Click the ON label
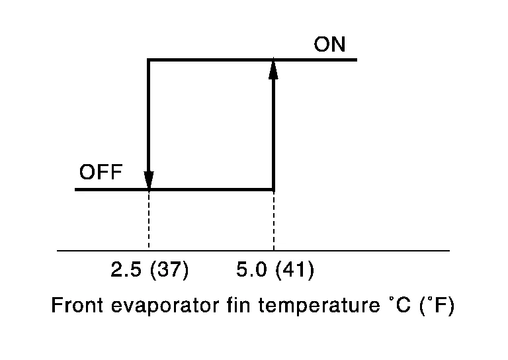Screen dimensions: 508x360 pyautogui.click(x=329, y=44)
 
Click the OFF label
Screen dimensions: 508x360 pyautogui.click(x=101, y=172)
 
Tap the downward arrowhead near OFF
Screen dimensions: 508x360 pyautogui.click(x=149, y=180)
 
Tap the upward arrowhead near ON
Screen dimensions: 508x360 pyautogui.click(x=273, y=69)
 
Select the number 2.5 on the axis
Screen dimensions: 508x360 pyautogui.click(x=126, y=269)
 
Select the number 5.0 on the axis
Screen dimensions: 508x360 pyautogui.click(x=251, y=269)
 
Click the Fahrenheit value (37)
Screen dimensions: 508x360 pyautogui.click(x=169, y=269)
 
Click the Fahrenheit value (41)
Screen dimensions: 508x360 pyautogui.click(x=295, y=269)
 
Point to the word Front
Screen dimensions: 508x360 pyautogui.click(x=77, y=305)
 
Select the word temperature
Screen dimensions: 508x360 pyautogui.click(x=319, y=306)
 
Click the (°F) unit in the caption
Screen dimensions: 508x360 pyautogui.click(x=437, y=305)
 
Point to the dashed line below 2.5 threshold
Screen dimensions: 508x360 pyautogui.click(x=149, y=220)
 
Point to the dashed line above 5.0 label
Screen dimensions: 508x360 pyautogui.click(x=274, y=220)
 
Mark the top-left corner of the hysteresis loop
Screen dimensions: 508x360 pyautogui.click(x=148, y=60)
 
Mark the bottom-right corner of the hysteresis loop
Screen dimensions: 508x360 pyautogui.click(x=274, y=189)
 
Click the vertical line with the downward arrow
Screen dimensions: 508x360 pyautogui.click(x=149, y=124)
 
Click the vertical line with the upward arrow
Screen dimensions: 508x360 pyautogui.click(x=274, y=124)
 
